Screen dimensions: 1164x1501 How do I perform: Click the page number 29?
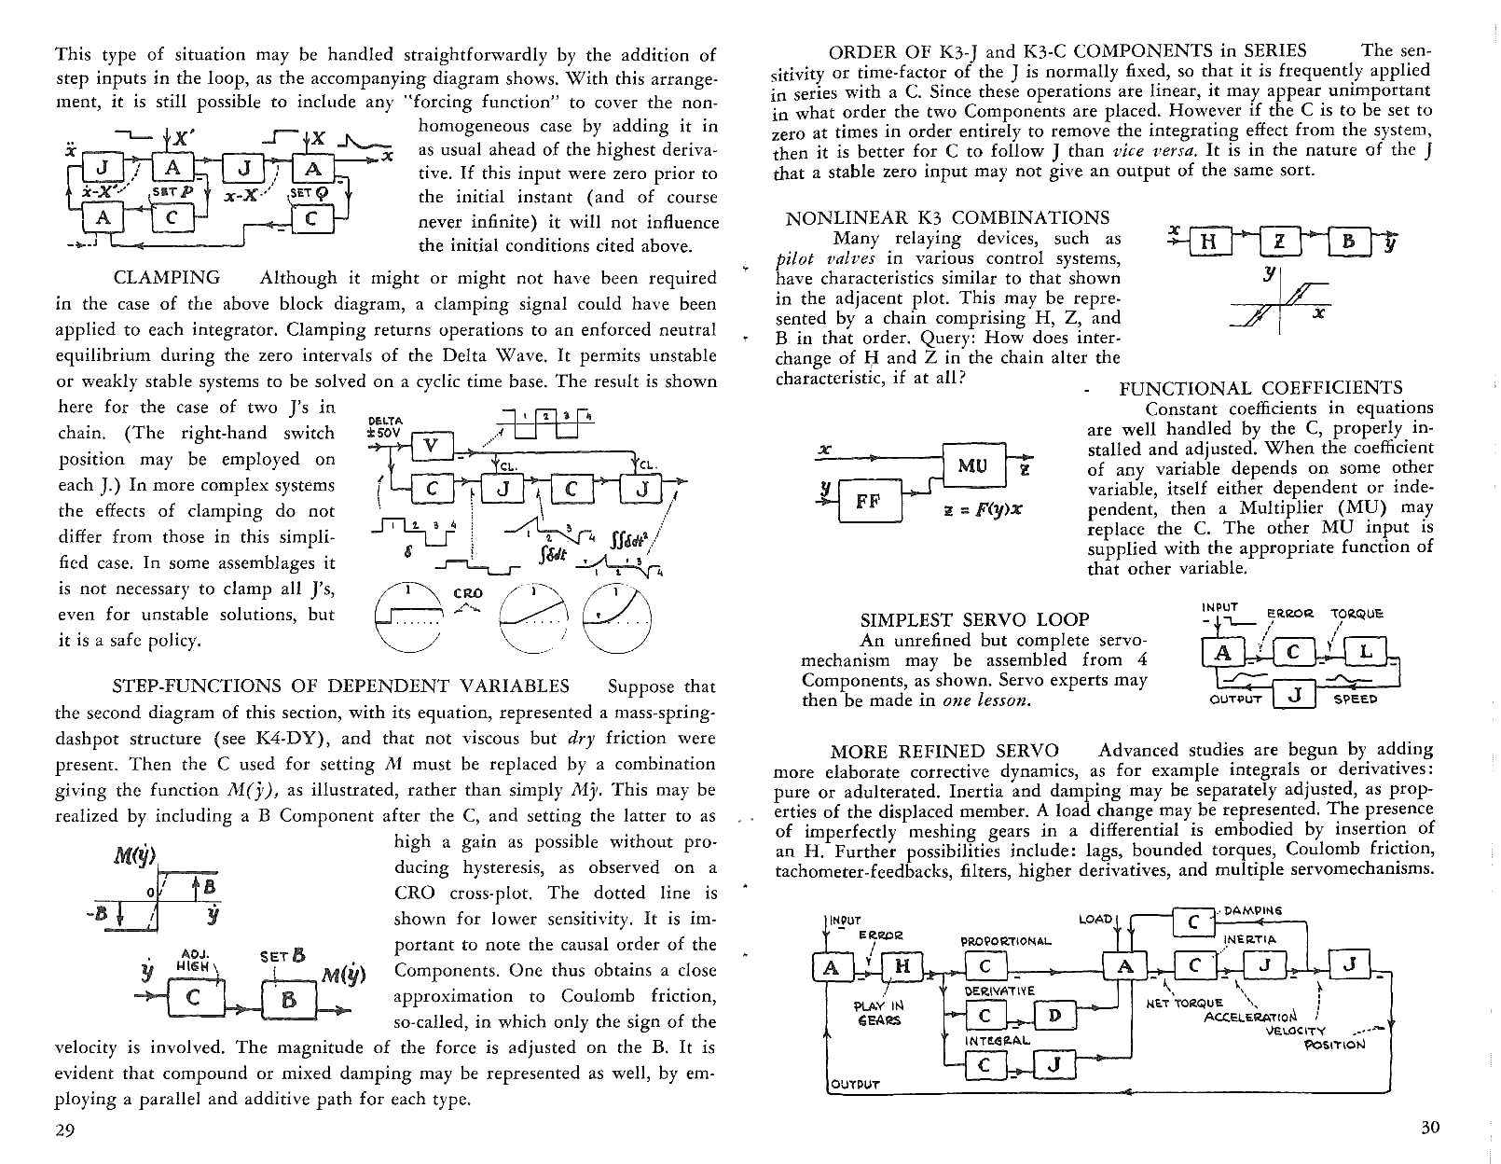click(x=64, y=1130)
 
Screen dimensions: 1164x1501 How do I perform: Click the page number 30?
click(x=1430, y=1128)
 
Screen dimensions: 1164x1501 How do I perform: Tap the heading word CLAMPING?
click(x=167, y=278)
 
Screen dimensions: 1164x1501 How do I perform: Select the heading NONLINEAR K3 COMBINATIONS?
click(x=947, y=218)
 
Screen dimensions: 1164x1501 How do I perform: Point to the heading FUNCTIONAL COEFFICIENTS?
click(x=1260, y=388)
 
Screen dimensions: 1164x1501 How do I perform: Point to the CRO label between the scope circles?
click(x=467, y=593)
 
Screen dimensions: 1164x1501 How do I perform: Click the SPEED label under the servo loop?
click(x=1356, y=699)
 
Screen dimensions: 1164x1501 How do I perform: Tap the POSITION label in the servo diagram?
click(x=1334, y=1044)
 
